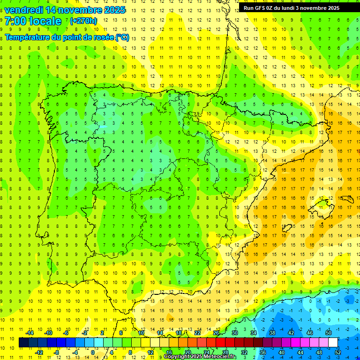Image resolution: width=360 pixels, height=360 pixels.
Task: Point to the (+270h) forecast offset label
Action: coord(83,21)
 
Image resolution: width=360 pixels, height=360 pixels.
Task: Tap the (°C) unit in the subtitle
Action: coord(122,37)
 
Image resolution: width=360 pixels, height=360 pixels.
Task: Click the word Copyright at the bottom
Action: coord(178,357)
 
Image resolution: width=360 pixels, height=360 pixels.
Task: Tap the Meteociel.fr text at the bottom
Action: coord(220,357)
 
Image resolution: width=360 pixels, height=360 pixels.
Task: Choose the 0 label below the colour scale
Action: coord(92,352)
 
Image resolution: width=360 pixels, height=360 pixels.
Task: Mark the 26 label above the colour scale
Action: coord(216,333)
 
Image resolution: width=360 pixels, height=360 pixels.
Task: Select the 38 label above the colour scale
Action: coord(272,333)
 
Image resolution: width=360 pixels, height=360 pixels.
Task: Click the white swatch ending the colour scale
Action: coord(333,343)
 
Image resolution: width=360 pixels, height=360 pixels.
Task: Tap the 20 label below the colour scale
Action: coord(187,352)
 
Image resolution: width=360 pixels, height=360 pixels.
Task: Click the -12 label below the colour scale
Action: coord(39,352)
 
